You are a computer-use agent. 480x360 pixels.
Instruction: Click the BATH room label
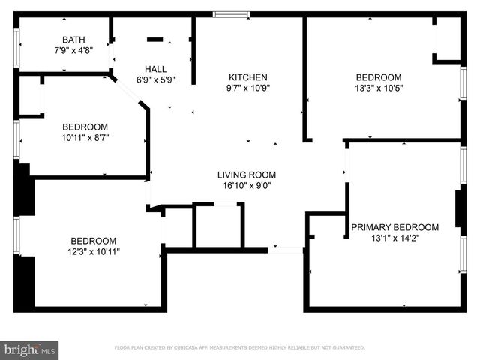click(x=73, y=40)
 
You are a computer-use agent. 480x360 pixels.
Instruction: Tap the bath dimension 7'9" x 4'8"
click(x=73, y=52)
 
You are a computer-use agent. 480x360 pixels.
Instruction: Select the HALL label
click(x=156, y=67)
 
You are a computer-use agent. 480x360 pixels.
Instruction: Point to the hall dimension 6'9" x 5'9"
click(x=156, y=79)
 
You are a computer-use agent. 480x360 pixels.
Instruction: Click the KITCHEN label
click(x=248, y=77)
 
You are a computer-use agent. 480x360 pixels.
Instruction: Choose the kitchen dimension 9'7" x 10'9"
click(x=248, y=88)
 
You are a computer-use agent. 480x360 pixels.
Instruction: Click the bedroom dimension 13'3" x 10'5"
click(x=379, y=88)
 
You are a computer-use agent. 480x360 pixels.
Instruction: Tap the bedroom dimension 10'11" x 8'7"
click(x=85, y=138)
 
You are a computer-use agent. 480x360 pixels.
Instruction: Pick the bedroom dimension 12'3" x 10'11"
click(x=94, y=251)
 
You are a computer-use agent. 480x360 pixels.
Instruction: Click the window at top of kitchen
click(x=231, y=13)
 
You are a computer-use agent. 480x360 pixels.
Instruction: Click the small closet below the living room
click(x=217, y=225)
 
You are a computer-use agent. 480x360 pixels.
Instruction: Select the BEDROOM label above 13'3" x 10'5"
click(x=379, y=77)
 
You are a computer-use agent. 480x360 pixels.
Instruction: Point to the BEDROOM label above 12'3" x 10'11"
click(x=94, y=240)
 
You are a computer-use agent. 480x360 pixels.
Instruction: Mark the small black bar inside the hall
click(x=155, y=40)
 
